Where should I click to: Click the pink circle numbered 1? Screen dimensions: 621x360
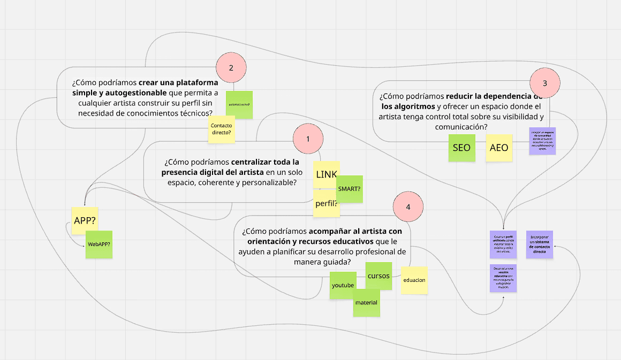[308, 139]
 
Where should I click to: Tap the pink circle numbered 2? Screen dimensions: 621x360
[231, 68]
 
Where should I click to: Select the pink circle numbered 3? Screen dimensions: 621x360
[545, 83]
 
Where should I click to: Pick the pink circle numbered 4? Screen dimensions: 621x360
[408, 206]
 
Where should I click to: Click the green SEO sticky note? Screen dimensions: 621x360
[461, 148]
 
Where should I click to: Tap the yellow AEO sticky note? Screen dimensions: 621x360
[499, 148]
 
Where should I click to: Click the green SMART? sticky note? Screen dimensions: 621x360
[350, 189]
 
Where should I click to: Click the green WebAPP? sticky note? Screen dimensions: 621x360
[99, 245]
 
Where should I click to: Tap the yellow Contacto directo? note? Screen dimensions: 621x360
[222, 129]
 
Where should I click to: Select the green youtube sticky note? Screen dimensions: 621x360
[343, 285]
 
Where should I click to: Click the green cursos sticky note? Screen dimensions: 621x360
[378, 276]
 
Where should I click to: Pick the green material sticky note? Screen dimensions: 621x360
[366, 303]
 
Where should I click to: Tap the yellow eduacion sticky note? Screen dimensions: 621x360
[414, 280]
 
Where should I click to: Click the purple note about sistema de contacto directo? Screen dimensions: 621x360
[540, 244]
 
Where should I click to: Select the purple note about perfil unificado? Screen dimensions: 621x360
[503, 244]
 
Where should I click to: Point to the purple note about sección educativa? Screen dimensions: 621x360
[503, 278]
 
